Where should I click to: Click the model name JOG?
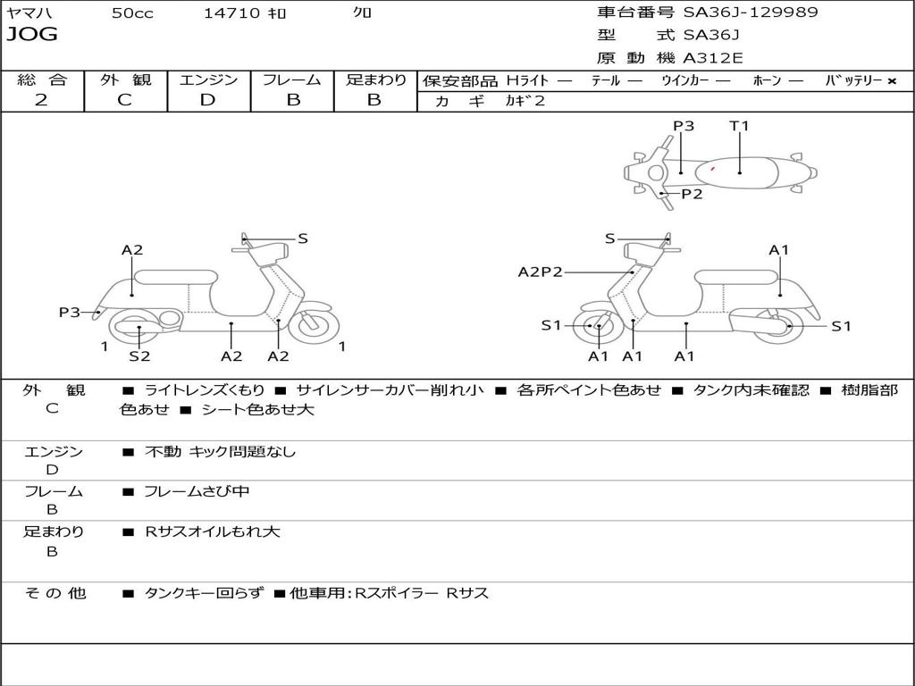pos(32,35)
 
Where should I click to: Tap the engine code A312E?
pos(713,59)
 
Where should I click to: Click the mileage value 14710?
pos(231,13)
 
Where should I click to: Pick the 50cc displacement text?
pos(132,13)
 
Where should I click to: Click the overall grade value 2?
pos(41,100)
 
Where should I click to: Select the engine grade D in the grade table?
pos(207,100)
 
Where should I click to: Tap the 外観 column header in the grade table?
pos(125,79)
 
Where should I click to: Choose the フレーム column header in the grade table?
pos(291,79)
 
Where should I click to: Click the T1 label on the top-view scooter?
pos(739,126)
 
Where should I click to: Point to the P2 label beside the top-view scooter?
pos(692,194)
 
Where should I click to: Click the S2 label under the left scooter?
pos(139,356)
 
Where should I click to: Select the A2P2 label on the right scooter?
pos(541,272)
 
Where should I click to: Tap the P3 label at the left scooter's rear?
pos(70,312)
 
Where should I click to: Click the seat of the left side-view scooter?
pos(175,277)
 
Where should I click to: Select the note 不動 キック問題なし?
pos(220,452)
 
